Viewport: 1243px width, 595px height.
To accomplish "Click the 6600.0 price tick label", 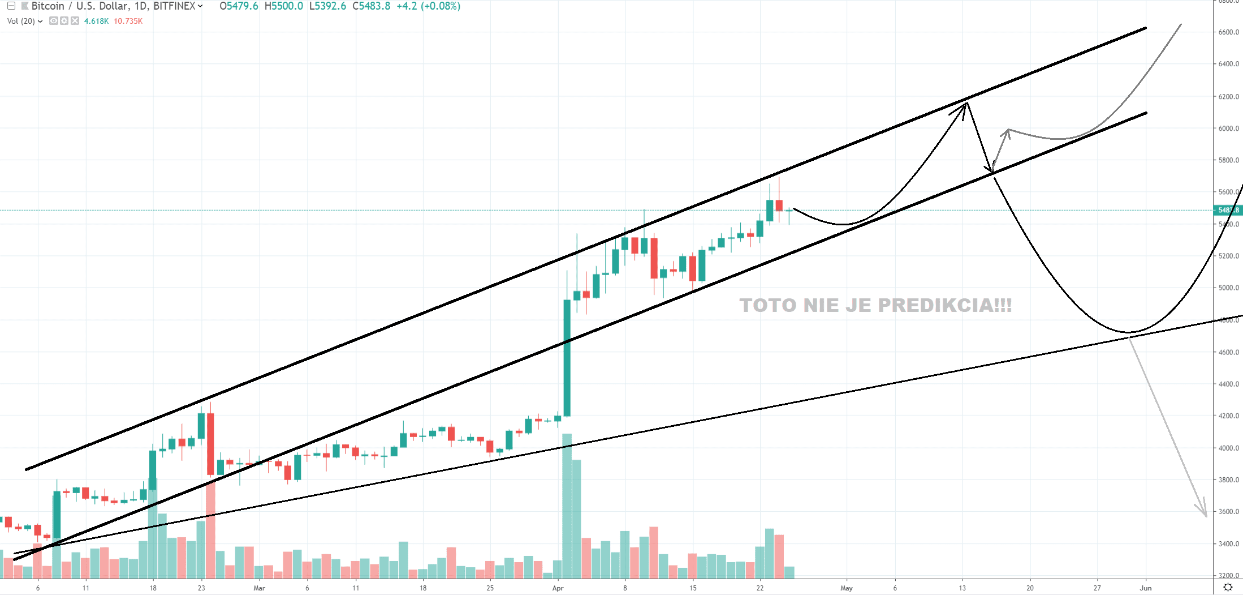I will coord(1228,32).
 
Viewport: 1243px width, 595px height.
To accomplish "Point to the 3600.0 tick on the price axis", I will coord(1228,512).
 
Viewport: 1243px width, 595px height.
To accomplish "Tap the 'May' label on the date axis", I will coord(846,588).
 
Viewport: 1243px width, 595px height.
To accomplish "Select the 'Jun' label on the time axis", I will coord(1145,588).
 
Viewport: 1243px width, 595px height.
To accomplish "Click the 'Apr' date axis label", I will coord(558,588).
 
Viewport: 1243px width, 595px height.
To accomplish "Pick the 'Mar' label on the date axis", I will coord(259,588).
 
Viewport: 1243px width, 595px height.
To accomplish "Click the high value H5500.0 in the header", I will coord(283,6).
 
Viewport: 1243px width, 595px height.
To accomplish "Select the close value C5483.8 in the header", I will coord(371,6).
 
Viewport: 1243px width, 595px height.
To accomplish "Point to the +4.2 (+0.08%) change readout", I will coord(428,6).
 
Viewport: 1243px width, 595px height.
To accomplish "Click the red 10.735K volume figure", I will coord(128,21).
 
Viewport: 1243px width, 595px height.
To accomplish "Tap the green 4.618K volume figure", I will coord(96,21).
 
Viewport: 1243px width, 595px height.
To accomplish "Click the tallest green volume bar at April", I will coord(567,504).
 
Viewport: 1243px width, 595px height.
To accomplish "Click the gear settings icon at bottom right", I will coord(1228,587).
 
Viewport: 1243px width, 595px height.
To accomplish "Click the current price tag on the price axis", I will coord(1228,210).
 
